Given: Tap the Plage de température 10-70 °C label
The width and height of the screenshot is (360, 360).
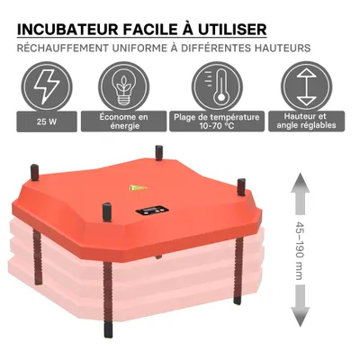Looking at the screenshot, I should point(218,121).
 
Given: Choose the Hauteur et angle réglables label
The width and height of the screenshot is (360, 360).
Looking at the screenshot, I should point(304,121).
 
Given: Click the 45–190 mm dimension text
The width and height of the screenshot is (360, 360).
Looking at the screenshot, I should point(299,253).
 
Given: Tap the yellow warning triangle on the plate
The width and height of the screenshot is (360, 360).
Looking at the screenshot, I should point(138,189).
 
